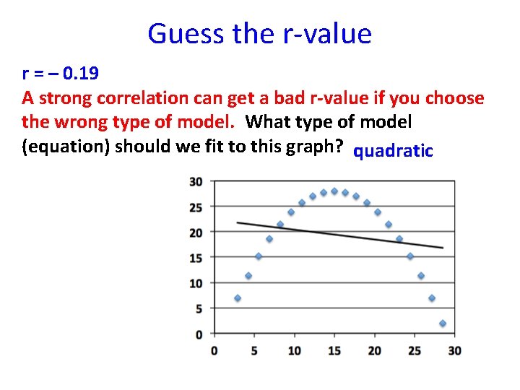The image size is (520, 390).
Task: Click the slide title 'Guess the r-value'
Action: (x=259, y=33)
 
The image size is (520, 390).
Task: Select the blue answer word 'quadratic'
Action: (x=394, y=151)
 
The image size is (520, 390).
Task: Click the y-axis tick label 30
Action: (x=196, y=181)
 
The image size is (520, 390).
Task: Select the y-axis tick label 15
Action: (x=196, y=258)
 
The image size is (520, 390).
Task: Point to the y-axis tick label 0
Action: (x=199, y=334)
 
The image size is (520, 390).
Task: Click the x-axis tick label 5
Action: (x=253, y=351)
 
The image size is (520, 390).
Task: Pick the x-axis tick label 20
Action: (x=374, y=351)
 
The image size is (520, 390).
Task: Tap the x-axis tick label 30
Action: (x=454, y=351)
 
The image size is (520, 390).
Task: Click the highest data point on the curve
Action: (x=334, y=191)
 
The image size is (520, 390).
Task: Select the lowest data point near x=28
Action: (x=443, y=324)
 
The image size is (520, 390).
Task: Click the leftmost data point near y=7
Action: (x=238, y=298)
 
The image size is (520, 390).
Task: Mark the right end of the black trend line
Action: (x=443, y=248)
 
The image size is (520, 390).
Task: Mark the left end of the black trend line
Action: (x=238, y=222)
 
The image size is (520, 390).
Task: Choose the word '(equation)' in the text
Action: (x=66, y=146)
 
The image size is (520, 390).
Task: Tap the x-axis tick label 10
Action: (x=294, y=351)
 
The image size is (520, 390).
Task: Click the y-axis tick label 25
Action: (x=196, y=207)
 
